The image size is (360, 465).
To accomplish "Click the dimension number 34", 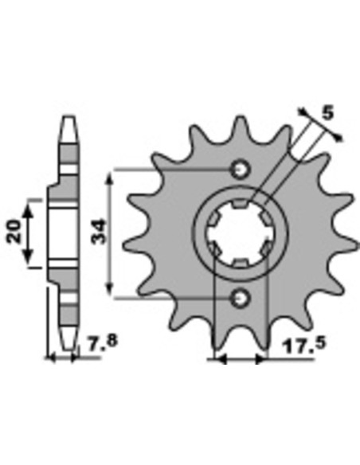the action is tap(99, 231).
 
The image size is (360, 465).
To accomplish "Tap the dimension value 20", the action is tap(14, 232).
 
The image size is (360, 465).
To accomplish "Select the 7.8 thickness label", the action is tap(103, 342).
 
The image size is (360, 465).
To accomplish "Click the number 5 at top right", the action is tap(327, 113).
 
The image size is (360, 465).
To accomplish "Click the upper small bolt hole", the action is tap(241, 170).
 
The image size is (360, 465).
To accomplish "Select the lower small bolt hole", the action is tap(241, 298).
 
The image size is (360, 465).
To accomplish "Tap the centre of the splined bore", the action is tap(240, 233).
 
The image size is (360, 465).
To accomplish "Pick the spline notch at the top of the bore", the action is tap(241, 204).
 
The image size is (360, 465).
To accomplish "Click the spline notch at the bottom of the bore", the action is tap(241, 263).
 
